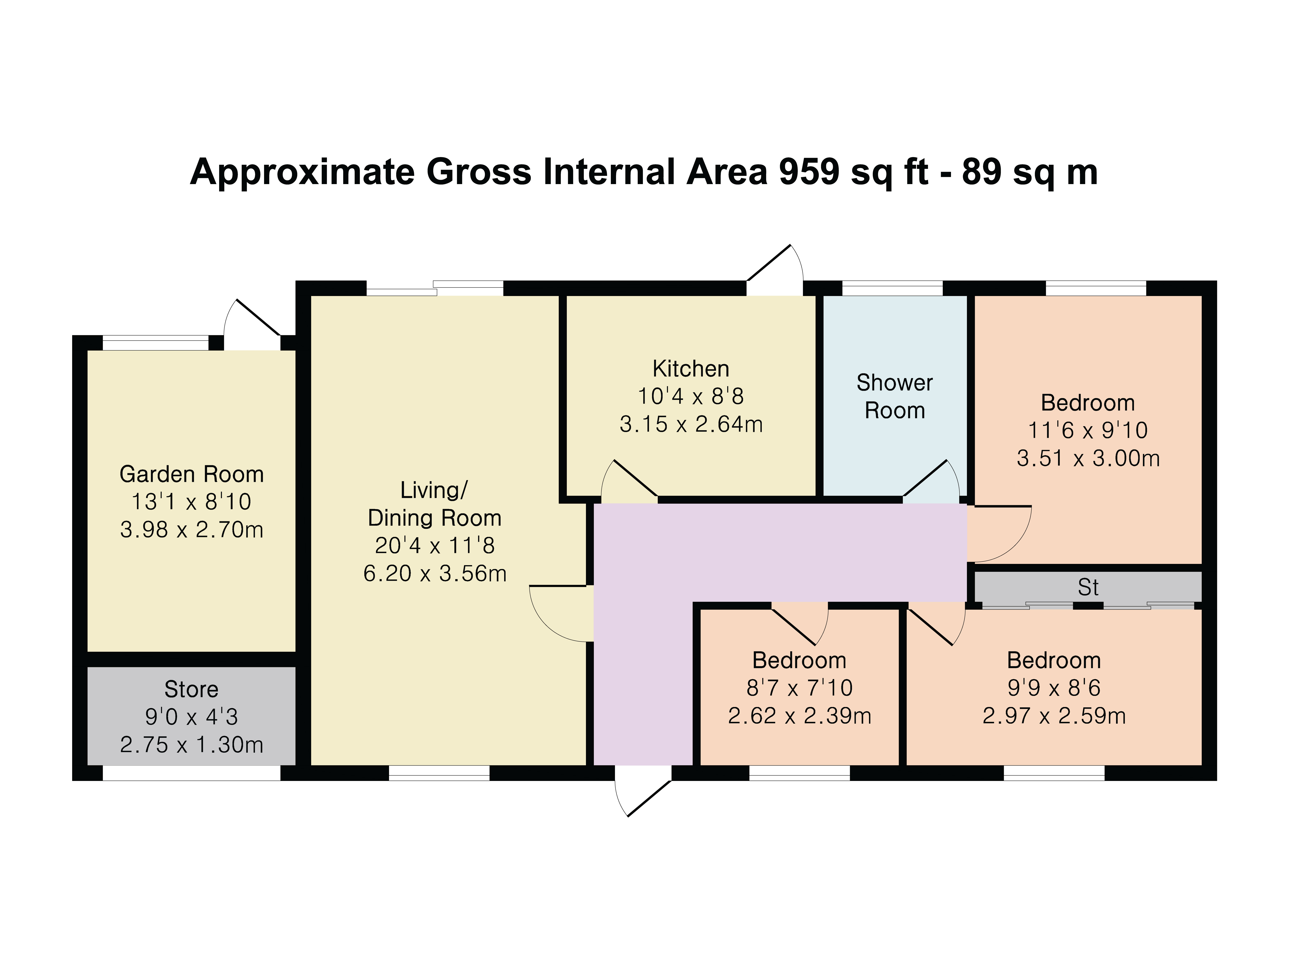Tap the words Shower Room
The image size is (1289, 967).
[x=894, y=396]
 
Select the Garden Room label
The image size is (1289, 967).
[x=192, y=475]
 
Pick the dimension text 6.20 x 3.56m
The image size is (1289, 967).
[x=435, y=574]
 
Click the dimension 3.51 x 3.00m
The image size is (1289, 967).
[x=1088, y=458]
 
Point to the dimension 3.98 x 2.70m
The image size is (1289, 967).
[x=192, y=530]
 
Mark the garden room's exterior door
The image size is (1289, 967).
[x=252, y=325]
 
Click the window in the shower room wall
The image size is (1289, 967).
[x=892, y=288]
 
